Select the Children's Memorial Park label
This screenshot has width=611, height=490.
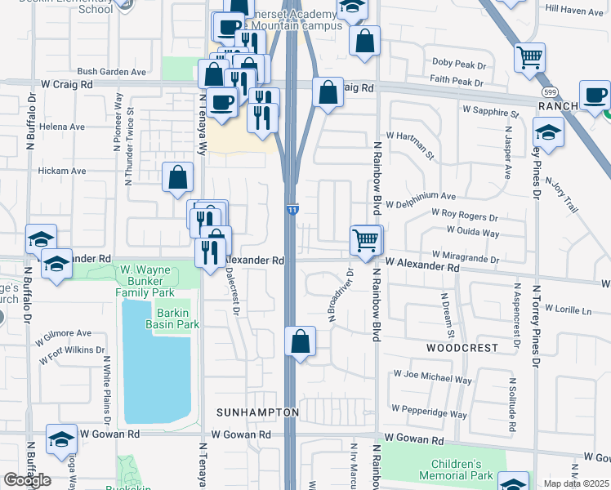coord(457,470)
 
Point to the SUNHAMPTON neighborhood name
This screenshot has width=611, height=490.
coord(257,412)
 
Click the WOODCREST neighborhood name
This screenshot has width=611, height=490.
coord(462,347)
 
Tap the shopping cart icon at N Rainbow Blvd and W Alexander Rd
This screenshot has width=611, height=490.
coord(366,240)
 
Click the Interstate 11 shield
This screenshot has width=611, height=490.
coord(292,210)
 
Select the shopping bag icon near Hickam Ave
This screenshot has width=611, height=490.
coord(177,178)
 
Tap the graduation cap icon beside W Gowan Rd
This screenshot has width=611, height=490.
coord(61,440)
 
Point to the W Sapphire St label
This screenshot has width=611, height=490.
coord(490,109)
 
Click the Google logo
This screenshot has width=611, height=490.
coord(27,480)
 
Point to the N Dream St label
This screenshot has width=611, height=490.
coord(448,317)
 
